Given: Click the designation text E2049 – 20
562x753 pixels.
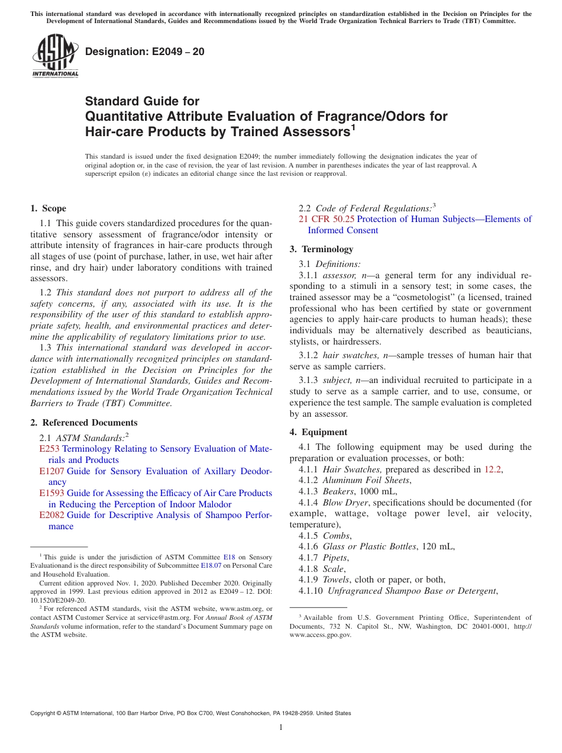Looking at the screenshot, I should click(x=144, y=52).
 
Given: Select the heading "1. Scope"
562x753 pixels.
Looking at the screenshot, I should click(x=48, y=208).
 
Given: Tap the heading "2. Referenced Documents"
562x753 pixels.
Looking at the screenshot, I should click(x=83, y=423).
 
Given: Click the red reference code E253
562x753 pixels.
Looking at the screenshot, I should click(x=49, y=449).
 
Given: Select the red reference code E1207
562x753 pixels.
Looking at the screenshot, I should click(x=51, y=471).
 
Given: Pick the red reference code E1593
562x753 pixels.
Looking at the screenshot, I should click(x=51, y=493).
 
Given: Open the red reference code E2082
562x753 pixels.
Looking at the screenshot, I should click(x=51, y=515).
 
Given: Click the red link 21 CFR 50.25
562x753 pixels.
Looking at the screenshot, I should click(x=327, y=219).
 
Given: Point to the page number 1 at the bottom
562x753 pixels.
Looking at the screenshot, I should click(x=281, y=728).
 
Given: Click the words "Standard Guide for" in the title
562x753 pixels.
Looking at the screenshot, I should click(x=142, y=101).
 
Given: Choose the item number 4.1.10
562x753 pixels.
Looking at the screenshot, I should click(x=311, y=591).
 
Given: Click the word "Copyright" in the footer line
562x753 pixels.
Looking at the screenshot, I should click(x=44, y=713).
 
